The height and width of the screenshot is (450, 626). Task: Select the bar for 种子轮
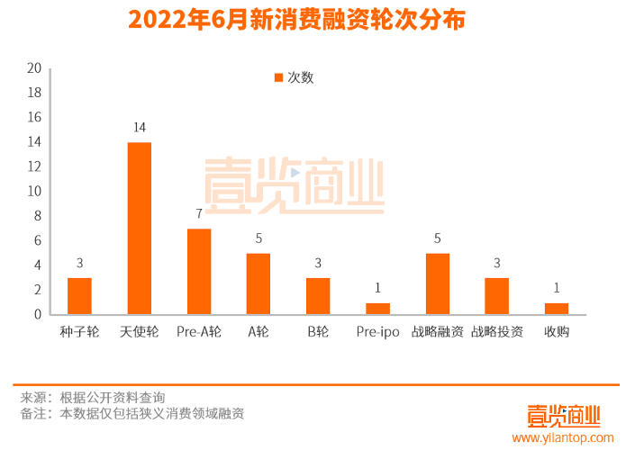[x=79, y=296]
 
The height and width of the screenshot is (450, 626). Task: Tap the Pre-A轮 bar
[x=199, y=272]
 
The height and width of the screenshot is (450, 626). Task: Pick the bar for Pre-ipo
[x=377, y=309]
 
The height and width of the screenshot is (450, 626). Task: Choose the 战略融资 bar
[x=437, y=283]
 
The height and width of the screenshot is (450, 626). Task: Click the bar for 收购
[x=557, y=309]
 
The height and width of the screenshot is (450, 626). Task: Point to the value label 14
[x=139, y=127]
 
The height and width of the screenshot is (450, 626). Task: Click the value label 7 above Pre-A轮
[x=199, y=213]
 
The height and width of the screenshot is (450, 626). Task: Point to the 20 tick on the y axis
[x=34, y=68]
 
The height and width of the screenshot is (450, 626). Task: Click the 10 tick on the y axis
[x=34, y=192]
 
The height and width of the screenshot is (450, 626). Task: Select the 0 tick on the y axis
[x=37, y=315]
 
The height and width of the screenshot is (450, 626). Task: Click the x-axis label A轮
[x=259, y=332]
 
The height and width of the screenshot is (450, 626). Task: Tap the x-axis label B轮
[x=318, y=332]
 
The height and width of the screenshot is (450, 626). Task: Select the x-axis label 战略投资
[x=496, y=332]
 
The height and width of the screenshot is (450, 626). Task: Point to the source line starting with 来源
[x=93, y=397]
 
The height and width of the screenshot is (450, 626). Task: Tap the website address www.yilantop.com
[x=562, y=438]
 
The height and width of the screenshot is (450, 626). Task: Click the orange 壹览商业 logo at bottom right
[x=564, y=415]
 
